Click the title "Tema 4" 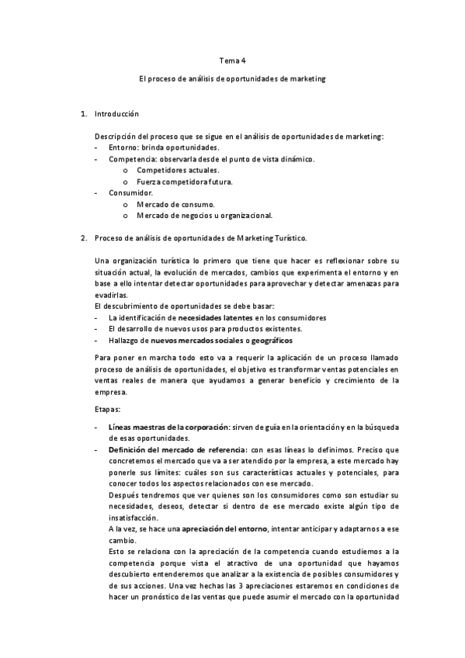tap(232, 61)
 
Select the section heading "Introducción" tap(116, 115)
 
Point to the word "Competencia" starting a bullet tap(130, 158)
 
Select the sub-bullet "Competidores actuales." tap(178, 170)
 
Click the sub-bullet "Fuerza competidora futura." tap(184, 182)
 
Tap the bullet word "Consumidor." tap(131, 192)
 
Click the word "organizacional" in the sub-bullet tap(246, 215)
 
